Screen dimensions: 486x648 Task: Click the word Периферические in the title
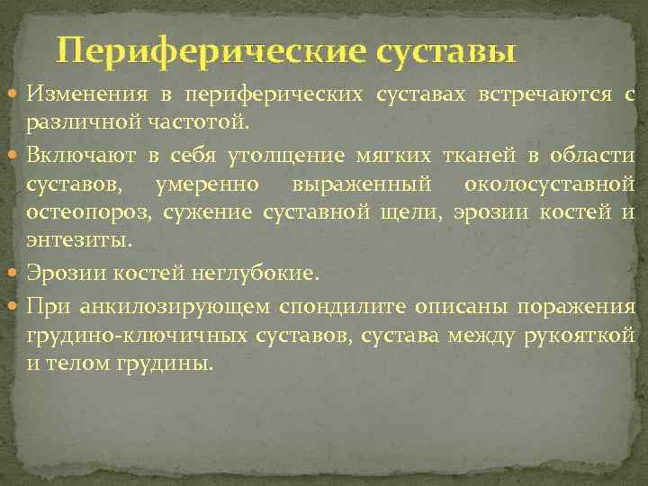pyautogui.click(x=211, y=51)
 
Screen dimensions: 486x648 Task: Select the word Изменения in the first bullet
pyautogui.click(x=83, y=94)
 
